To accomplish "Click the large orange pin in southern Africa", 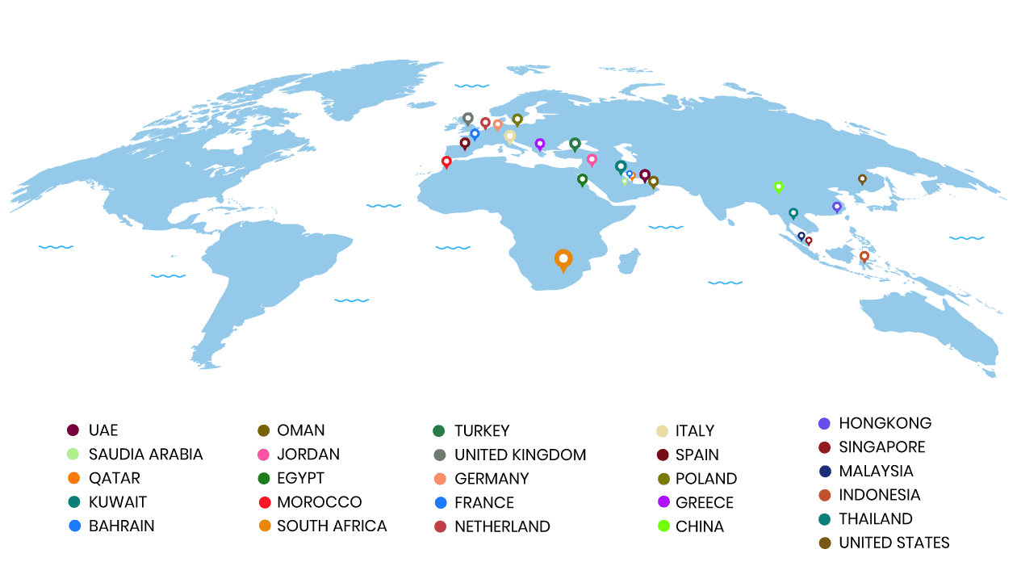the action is click(563, 260).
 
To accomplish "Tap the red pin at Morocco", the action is click(446, 161).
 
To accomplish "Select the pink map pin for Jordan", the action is click(592, 160).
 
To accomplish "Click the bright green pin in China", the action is click(779, 187).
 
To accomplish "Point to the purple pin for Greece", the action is click(540, 144).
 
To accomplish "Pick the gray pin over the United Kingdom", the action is click(468, 118).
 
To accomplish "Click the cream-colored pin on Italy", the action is click(510, 136).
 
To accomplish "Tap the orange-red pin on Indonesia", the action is click(864, 256).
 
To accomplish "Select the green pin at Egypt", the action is click(582, 179).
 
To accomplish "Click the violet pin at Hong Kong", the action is click(837, 207).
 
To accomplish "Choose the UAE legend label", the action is click(103, 430).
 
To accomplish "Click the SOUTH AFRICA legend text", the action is click(332, 526).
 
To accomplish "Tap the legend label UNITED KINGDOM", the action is click(520, 455).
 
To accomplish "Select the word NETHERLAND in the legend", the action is click(502, 526).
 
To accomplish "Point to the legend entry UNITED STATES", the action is click(894, 543).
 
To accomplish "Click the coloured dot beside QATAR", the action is click(73, 478).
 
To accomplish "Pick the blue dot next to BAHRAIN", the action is click(74, 526).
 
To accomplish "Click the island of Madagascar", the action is click(630, 261).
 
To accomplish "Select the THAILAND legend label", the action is click(876, 518).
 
